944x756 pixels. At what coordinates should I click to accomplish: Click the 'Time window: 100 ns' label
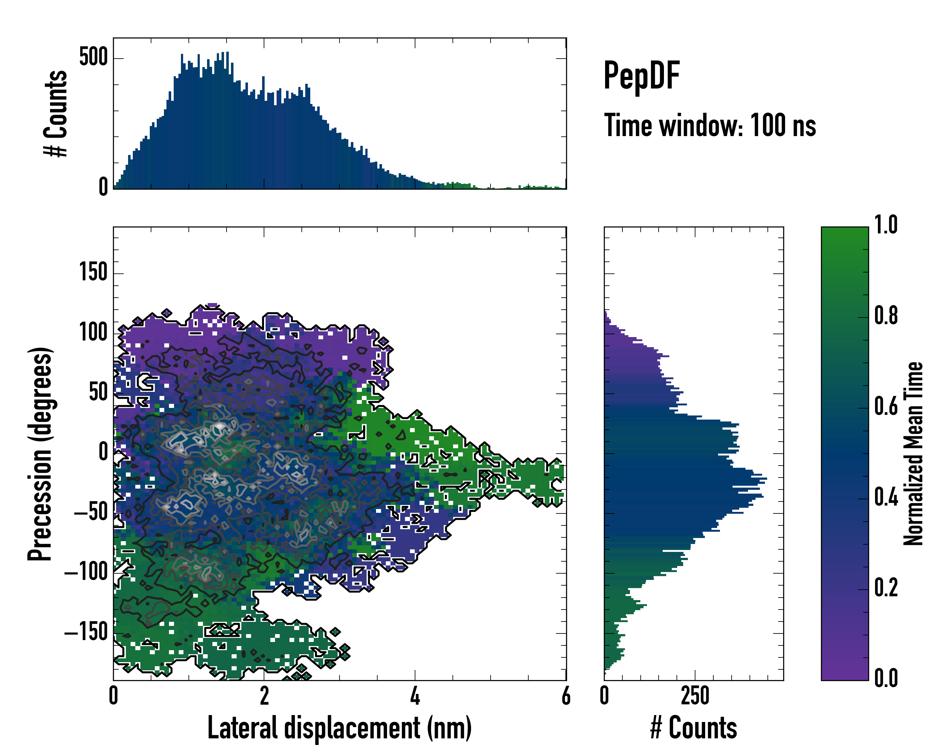tap(710, 126)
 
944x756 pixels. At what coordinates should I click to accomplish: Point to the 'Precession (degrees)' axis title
tap(40, 454)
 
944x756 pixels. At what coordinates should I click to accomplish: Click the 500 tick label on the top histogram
tap(93, 57)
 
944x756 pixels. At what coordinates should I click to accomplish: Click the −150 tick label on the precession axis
tap(86, 633)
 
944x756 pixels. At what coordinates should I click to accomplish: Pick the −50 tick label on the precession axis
tap(91, 512)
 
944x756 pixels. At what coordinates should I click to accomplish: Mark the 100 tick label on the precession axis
tap(93, 333)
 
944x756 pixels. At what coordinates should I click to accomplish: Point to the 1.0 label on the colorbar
tap(886, 225)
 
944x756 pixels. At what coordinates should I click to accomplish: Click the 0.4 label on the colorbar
tap(886, 498)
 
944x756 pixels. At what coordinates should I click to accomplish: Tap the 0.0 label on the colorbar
tap(886, 679)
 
